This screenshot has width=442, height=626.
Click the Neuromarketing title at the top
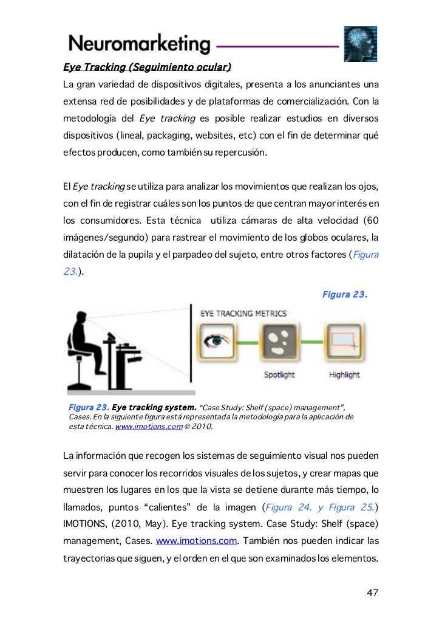[140, 44]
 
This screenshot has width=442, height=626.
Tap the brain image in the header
[361, 44]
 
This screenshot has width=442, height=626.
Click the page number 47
[373, 593]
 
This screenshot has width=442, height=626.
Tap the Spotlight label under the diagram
[279, 375]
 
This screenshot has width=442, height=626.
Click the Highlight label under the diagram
[344, 375]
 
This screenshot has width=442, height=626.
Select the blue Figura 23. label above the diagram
[344, 295]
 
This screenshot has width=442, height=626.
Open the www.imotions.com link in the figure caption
[149, 427]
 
